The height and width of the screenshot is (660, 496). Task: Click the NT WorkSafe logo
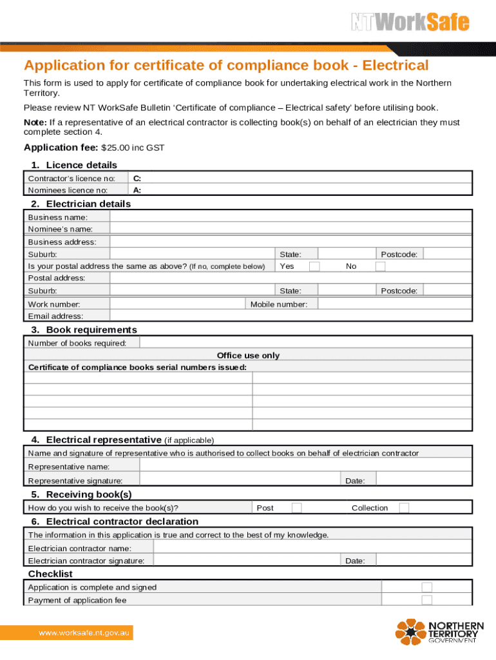(410, 23)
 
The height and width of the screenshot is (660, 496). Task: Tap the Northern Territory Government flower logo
(410, 632)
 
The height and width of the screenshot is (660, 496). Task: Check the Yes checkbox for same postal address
(314, 266)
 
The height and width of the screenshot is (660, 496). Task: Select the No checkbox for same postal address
(381, 266)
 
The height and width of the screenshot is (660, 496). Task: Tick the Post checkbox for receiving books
(296, 508)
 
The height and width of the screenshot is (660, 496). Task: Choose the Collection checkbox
(404, 508)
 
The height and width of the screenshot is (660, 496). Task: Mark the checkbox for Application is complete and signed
(426, 587)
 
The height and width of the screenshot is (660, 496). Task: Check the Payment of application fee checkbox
(426, 600)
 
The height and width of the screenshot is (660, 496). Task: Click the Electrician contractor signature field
(246, 561)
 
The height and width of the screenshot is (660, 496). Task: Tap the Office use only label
(248, 355)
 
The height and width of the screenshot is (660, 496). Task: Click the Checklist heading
(50, 574)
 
